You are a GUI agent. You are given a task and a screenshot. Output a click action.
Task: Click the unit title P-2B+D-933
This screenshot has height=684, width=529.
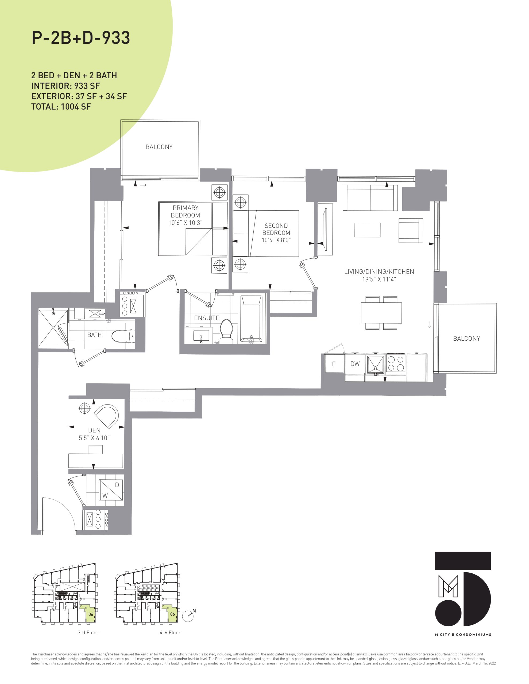[81, 38]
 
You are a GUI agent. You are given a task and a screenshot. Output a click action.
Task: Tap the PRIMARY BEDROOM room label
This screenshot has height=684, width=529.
[185, 211]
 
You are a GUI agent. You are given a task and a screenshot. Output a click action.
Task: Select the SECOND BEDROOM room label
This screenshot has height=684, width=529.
[276, 229]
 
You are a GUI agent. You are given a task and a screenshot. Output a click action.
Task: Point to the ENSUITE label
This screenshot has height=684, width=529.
[207, 318]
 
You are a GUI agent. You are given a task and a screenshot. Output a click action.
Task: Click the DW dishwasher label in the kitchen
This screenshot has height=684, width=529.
[355, 364]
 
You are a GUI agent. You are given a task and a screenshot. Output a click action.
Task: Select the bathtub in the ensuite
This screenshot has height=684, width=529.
[251, 318]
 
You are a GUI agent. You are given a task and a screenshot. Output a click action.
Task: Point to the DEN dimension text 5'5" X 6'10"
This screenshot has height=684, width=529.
[94, 438]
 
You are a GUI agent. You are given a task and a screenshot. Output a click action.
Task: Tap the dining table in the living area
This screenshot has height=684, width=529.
[381, 313]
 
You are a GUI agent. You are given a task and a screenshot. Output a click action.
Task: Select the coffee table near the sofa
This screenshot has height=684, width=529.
[367, 230]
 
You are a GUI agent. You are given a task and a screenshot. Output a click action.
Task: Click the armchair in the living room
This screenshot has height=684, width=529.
[410, 231]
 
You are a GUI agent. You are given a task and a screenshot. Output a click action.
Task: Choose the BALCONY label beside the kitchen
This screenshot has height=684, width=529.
[466, 338]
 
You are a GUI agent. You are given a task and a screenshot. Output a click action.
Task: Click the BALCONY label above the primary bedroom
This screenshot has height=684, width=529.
[159, 147]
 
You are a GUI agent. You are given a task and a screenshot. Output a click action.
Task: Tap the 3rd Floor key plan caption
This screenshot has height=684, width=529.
[88, 632]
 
